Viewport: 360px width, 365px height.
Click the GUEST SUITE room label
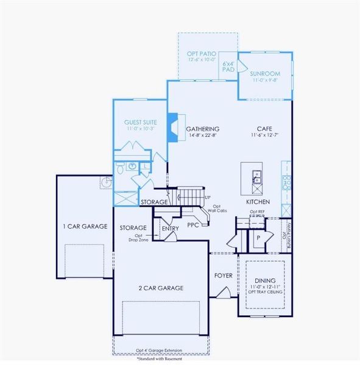pyautogui.click(x=141, y=122)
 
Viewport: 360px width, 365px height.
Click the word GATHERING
pyautogui.click(x=202, y=129)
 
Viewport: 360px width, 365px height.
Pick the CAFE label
pyautogui.click(x=264, y=129)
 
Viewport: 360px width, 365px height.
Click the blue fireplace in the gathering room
pyautogui.click(x=173, y=127)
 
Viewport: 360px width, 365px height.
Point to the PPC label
pyautogui.click(x=194, y=224)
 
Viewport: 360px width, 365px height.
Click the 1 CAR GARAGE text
pyautogui.click(x=85, y=226)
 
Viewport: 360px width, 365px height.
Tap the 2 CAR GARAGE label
pyautogui.click(x=161, y=288)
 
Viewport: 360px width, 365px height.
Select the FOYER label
pyautogui.click(x=224, y=275)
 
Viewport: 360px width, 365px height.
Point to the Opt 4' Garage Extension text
pyautogui.click(x=164, y=351)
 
